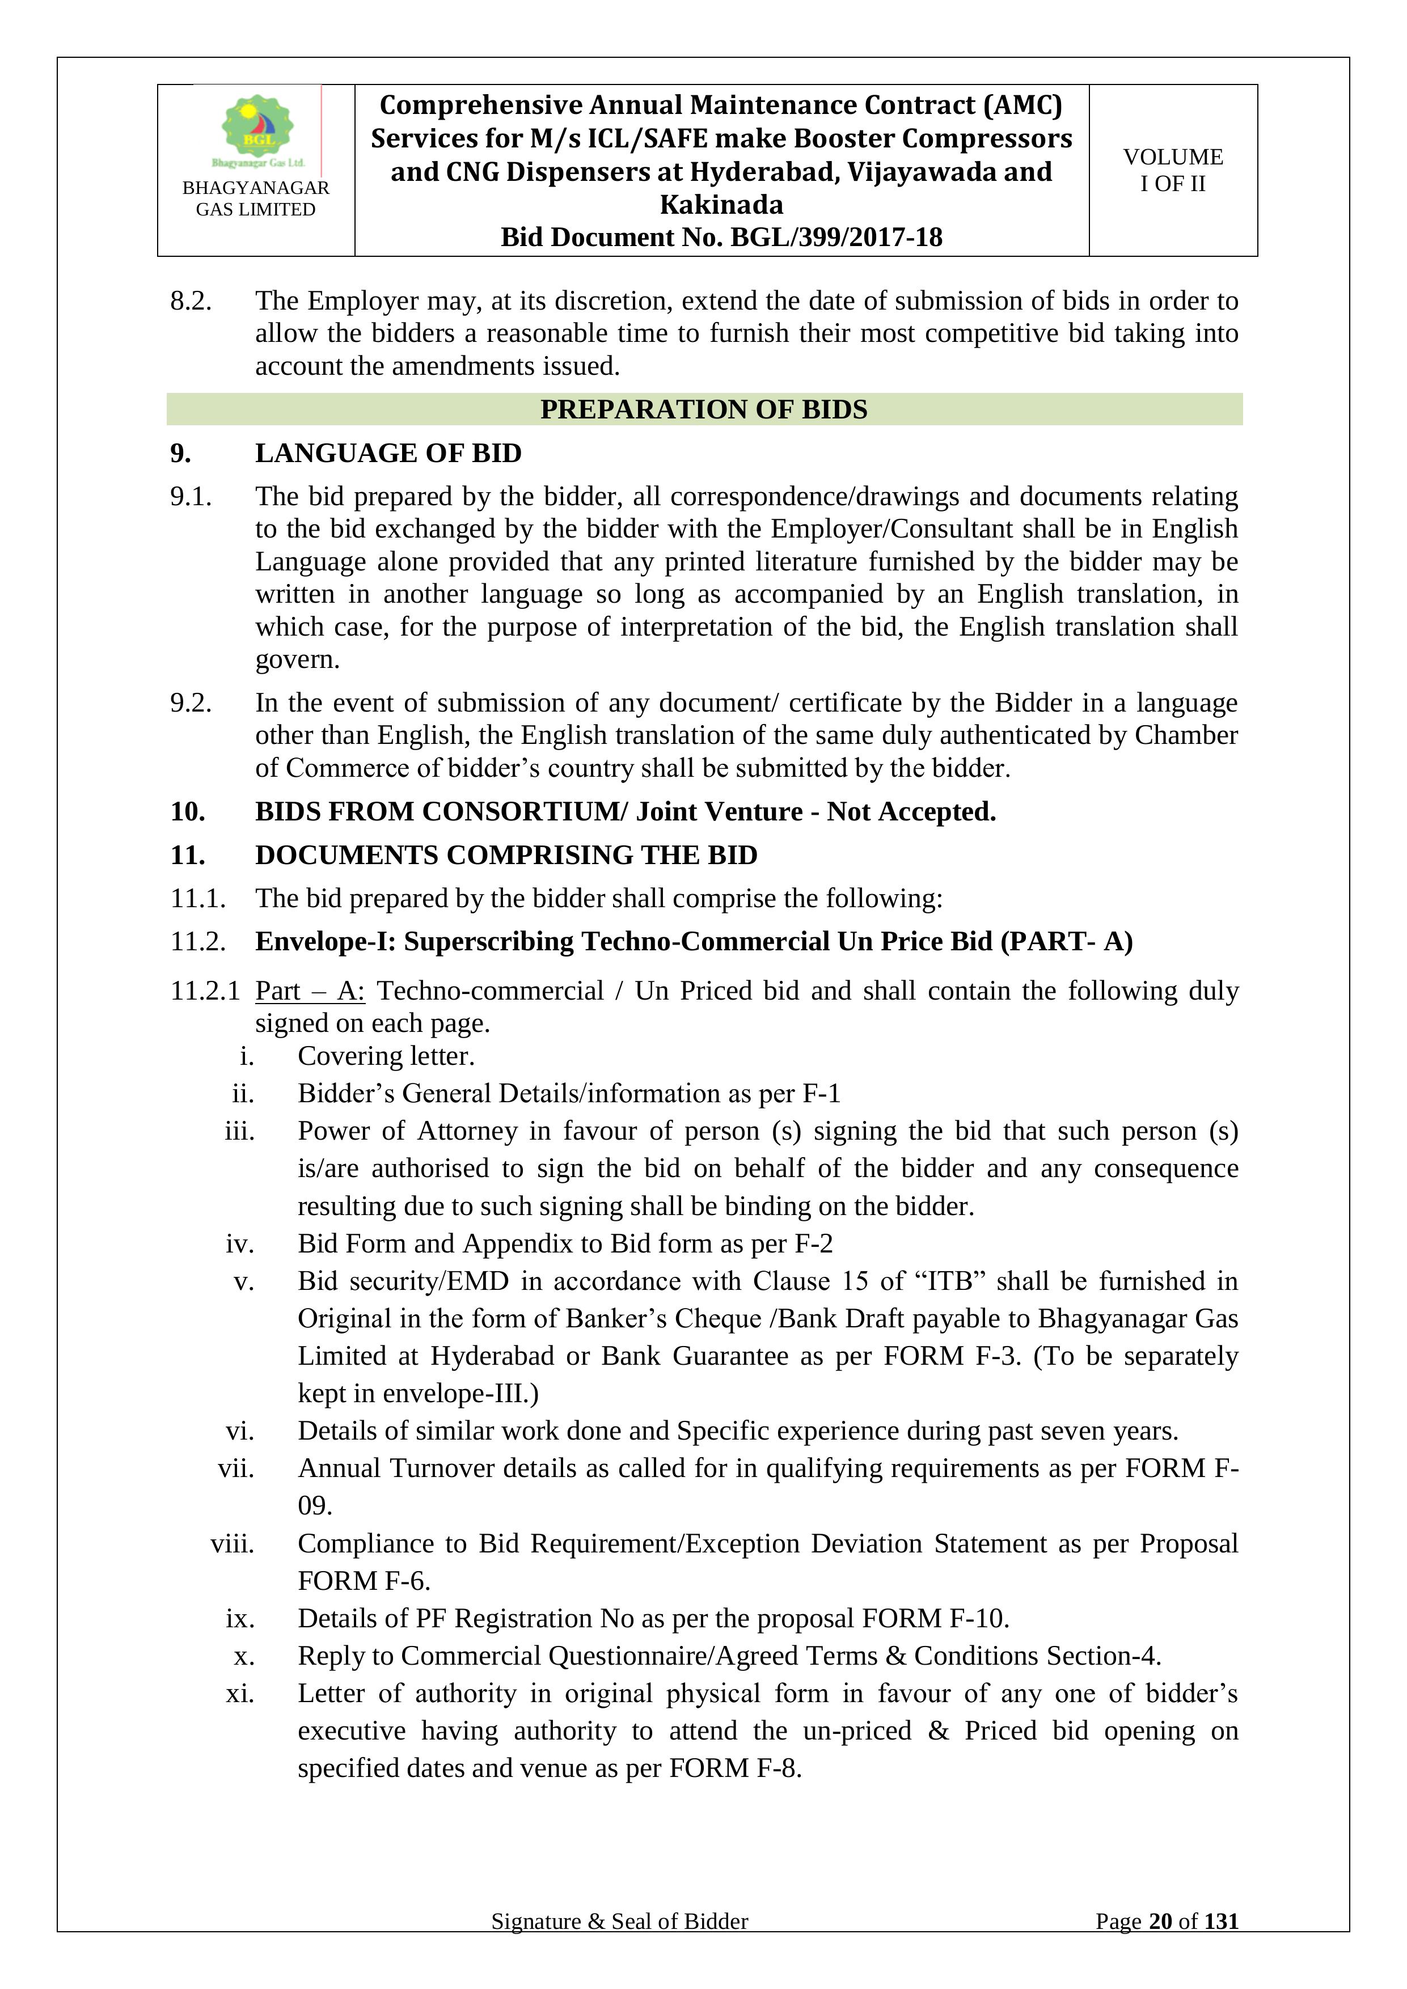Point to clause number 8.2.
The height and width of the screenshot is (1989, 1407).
pyautogui.click(x=191, y=301)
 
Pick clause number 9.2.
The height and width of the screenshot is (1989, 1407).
pyautogui.click(x=191, y=703)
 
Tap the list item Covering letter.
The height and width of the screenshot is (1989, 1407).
pyautogui.click(x=386, y=1056)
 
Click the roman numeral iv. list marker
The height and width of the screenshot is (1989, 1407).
pyautogui.click(x=240, y=1244)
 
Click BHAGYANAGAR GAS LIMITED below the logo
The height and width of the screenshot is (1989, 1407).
pyautogui.click(x=256, y=198)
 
